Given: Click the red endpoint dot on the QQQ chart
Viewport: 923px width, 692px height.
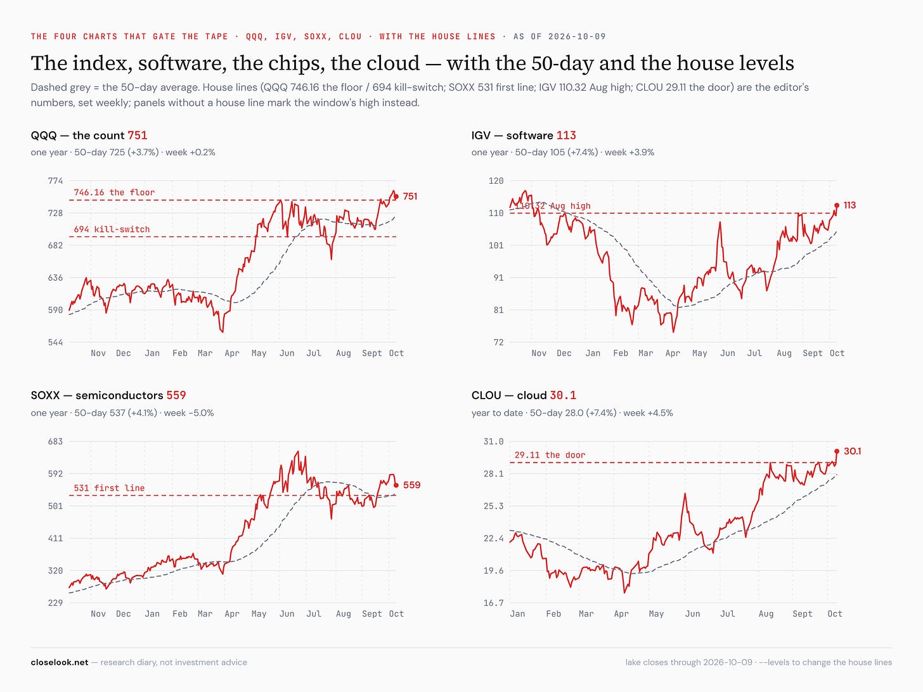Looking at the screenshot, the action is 396,196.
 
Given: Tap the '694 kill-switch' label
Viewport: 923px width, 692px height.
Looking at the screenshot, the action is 112,229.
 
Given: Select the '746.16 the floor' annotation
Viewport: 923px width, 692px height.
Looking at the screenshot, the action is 114,193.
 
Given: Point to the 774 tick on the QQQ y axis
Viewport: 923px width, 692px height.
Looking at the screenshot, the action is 55,181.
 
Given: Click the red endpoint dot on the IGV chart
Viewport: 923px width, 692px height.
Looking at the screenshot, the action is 836,205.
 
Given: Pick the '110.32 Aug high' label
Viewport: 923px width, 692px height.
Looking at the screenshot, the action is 553,206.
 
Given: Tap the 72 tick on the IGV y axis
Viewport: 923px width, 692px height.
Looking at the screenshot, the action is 498,342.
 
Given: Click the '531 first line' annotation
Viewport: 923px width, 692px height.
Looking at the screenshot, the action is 109,488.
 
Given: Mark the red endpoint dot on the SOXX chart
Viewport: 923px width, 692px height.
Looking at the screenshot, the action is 396,485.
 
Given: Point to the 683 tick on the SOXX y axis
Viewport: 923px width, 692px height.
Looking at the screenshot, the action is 55,442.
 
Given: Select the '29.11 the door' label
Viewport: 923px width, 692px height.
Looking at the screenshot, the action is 550,455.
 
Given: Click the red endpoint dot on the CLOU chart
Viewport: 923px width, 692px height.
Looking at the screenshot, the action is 836,451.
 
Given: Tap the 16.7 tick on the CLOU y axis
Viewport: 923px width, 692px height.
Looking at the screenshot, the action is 493,603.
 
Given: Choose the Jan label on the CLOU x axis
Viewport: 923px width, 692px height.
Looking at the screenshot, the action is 517,614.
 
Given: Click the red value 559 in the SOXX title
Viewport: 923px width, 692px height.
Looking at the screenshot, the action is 176,395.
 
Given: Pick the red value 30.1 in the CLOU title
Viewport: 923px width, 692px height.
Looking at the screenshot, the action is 563,395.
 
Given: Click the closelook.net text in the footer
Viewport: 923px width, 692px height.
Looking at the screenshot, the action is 60,663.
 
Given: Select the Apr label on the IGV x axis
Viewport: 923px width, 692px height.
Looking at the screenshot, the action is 673,354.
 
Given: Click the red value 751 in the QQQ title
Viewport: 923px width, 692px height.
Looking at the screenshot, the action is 137,135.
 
